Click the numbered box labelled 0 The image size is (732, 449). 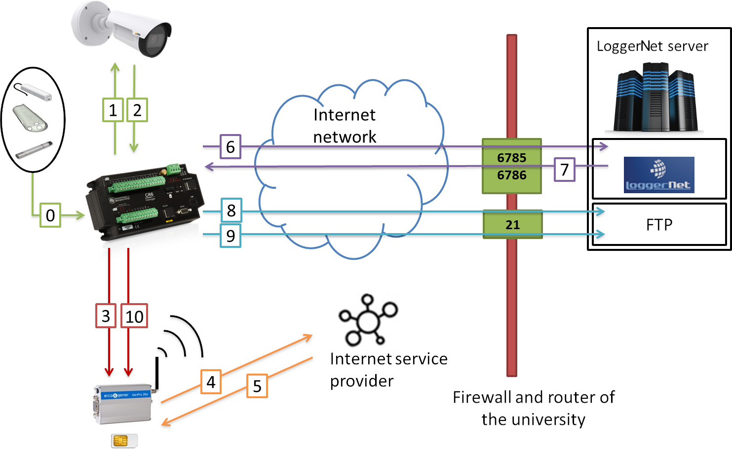tap(50, 215)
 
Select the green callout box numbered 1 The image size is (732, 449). tap(113, 110)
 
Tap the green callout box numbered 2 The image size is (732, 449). tap(137, 110)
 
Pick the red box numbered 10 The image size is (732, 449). tap(134, 316)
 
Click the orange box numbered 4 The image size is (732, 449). tap(211, 382)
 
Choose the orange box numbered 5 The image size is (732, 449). tap(257, 386)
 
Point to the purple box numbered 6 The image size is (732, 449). tap(231, 146)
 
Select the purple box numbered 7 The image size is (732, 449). tap(565, 170)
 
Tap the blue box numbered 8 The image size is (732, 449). tap(231, 210)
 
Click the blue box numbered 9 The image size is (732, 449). tap(231, 236)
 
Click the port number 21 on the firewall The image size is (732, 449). tap(512, 225)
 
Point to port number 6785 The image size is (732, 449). tap(512, 158)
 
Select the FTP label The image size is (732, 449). tap(659, 225)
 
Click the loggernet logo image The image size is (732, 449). tap(659, 174)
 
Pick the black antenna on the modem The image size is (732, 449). tap(157, 373)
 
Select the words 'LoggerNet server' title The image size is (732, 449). tap(652, 46)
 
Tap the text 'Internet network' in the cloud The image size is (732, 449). tap(345, 126)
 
